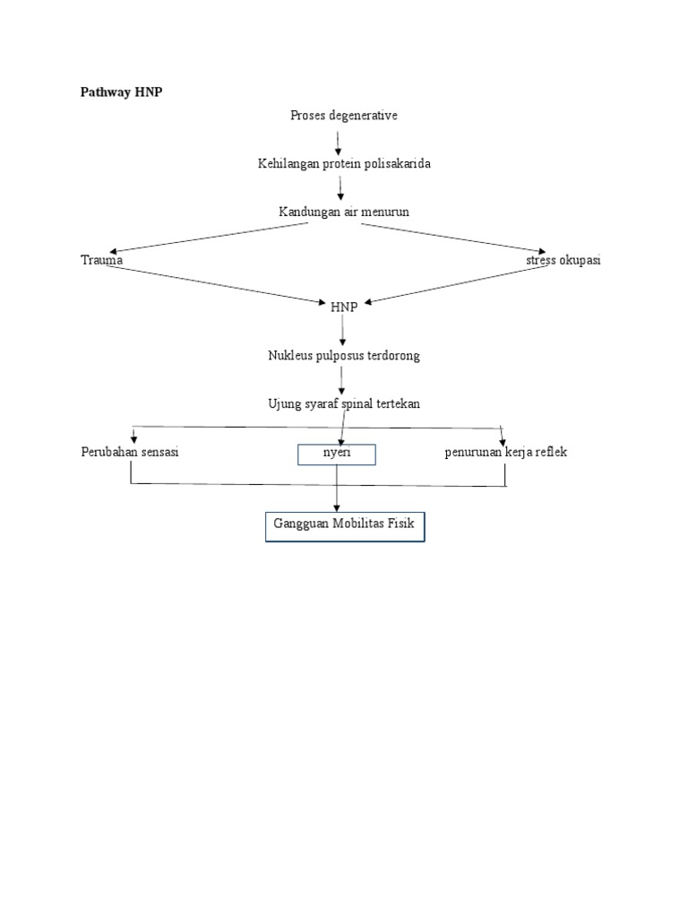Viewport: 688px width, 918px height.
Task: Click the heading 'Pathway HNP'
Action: [x=122, y=92]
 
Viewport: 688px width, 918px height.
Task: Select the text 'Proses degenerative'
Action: [x=343, y=116]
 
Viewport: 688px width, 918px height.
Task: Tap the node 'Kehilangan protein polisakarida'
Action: [x=344, y=164]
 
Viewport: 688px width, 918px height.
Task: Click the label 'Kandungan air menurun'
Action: [x=344, y=212]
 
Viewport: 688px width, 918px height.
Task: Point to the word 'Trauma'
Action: [x=101, y=260]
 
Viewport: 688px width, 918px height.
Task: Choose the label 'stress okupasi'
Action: [x=563, y=260]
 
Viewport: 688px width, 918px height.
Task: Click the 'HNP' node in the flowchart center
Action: [x=343, y=307]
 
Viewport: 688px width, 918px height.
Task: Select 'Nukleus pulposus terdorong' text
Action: [x=344, y=356]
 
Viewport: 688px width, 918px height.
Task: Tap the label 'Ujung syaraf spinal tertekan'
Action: [x=344, y=404]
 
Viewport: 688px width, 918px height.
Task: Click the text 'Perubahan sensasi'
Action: [x=130, y=452]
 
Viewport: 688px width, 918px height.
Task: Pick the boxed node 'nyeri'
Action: [x=337, y=455]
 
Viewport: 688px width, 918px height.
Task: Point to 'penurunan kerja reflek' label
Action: [x=506, y=452]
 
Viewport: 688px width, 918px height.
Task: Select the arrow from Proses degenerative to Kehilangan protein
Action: [x=339, y=141]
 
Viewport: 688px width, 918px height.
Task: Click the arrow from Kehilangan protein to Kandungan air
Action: [x=341, y=188]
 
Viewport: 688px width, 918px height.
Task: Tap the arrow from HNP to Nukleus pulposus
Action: [x=343, y=331]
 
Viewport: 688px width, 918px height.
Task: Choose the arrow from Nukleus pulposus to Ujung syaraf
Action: [x=342, y=379]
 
